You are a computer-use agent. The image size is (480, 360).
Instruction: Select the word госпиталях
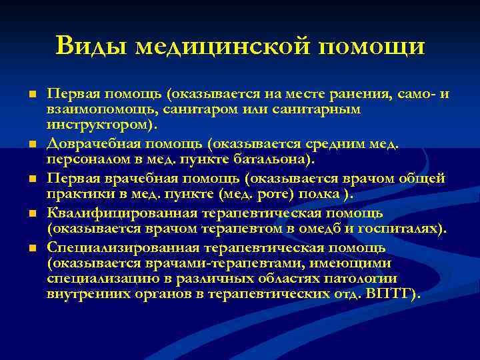point(399,229)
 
